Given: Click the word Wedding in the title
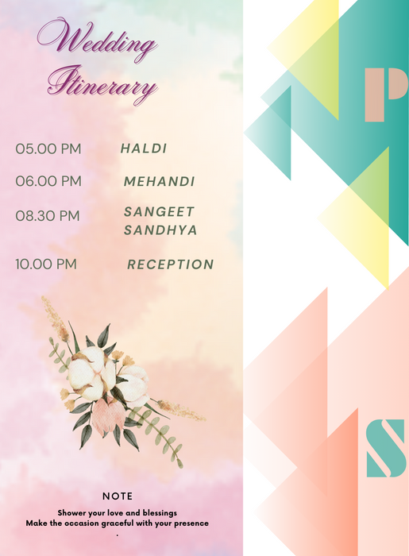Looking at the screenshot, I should [x=97, y=40].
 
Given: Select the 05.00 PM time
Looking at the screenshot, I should [x=48, y=149].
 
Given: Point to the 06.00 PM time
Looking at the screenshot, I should [x=48, y=182].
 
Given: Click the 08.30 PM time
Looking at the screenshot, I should [x=48, y=216].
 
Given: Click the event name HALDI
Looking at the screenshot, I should [x=144, y=149].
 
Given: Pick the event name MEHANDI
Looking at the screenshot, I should [x=159, y=182].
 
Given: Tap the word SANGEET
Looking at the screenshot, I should [x=159, y=212].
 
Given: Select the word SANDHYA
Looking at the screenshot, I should [x=160, y=230].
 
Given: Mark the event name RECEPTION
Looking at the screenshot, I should [x=170, y=264].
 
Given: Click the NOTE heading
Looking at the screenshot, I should [x=118, y=496].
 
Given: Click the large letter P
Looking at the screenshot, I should [x=385, y=95].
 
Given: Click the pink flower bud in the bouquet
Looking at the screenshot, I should [x=103, y=417].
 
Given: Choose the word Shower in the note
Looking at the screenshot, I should [x=72, y=513].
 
